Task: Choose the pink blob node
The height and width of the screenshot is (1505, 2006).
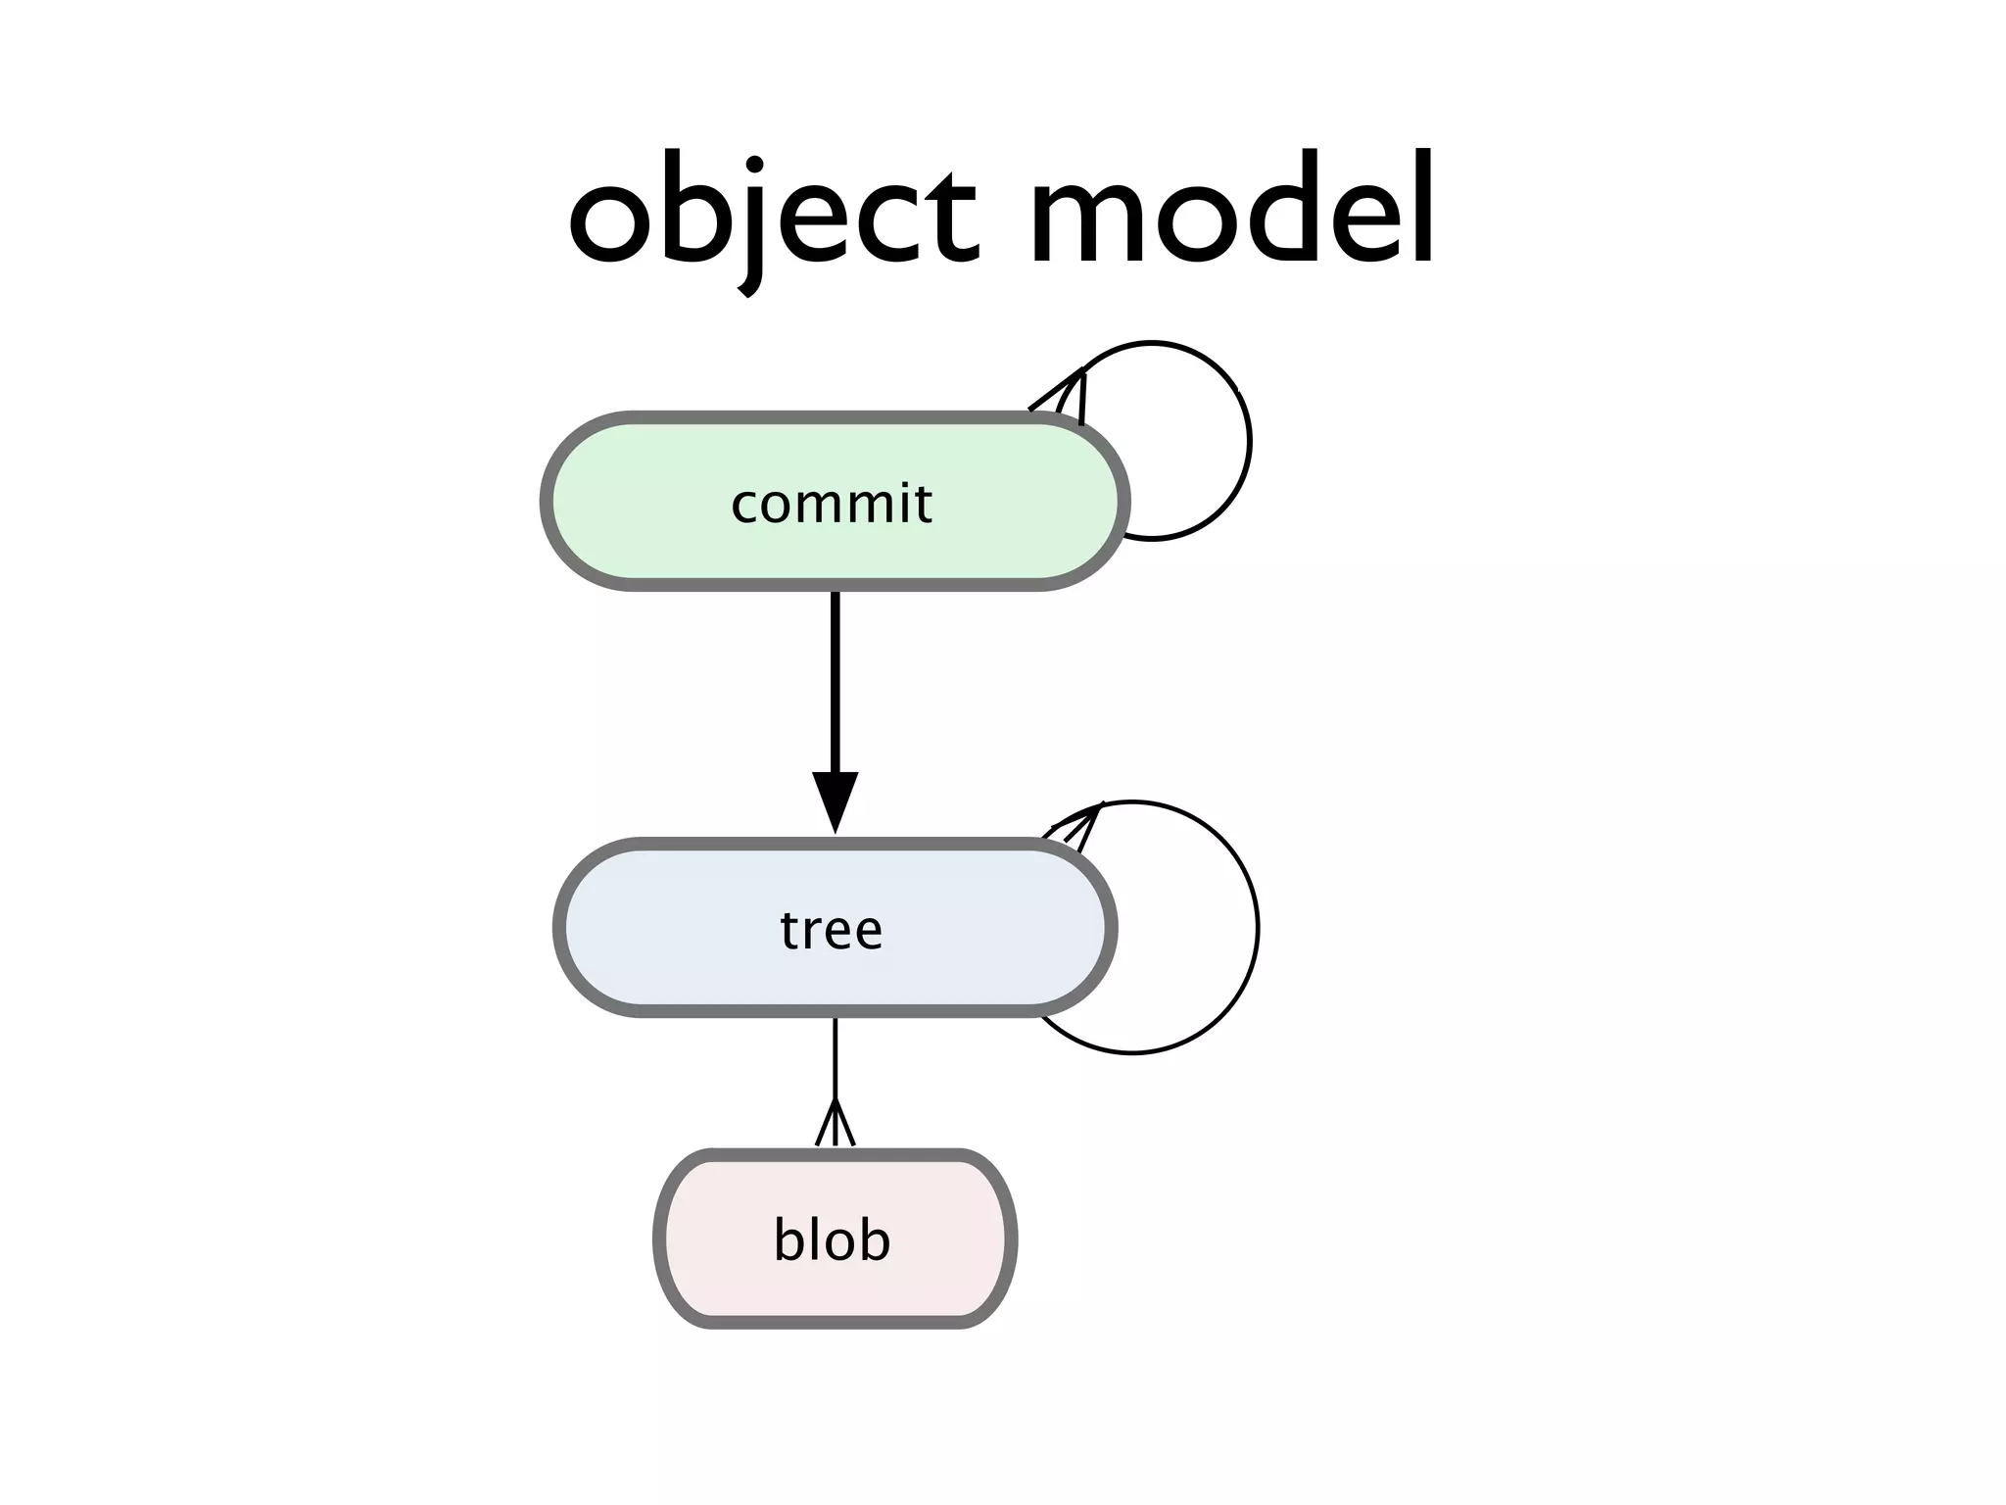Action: pos(715,1238)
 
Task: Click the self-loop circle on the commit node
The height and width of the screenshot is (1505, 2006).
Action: pos(1249,441)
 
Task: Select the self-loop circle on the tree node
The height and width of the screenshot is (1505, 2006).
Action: pos(1257,927)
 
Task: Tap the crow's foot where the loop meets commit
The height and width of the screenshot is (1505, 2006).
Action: pos(1068,396)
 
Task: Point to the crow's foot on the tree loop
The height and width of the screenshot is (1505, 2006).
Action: pos(1077,823)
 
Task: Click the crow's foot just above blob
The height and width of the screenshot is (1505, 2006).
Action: pos(835,1125)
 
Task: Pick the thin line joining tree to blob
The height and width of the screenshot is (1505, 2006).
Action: pos(835,1058)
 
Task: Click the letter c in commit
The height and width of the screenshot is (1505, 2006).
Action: pos(745,506)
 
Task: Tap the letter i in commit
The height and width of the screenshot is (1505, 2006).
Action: pos(898,502)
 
